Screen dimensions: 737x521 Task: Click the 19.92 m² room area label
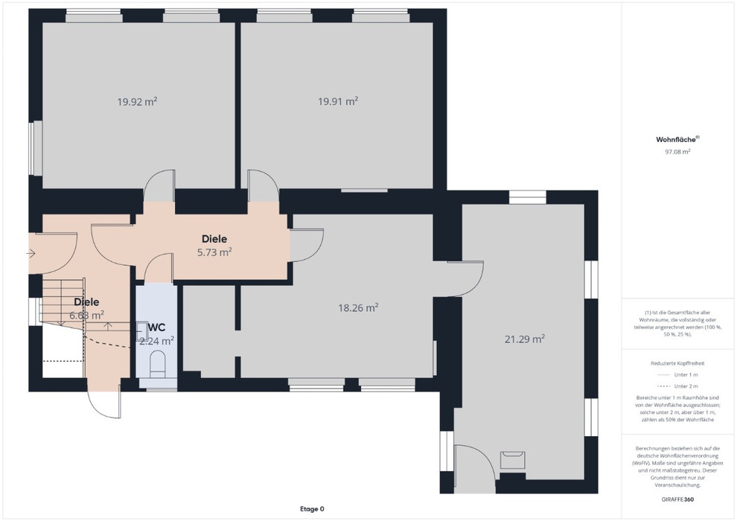pos(137,101)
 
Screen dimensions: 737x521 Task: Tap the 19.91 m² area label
pos(338,101)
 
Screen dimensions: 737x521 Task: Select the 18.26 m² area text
pos(359,307)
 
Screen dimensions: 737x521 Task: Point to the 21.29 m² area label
pos(525,339)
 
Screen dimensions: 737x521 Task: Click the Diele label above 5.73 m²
pos(214,239)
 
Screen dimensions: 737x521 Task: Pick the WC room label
pos(157,327)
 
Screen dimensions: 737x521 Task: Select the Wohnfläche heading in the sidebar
pos(676,139)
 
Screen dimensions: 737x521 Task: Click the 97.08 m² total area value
pos(677,152)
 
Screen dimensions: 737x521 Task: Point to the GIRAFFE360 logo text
pos(677,499)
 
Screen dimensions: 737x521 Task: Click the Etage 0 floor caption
pos(312,509)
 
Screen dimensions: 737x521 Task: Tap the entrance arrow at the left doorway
pos(31,254)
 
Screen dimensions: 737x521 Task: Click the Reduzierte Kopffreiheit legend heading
pos(677,363)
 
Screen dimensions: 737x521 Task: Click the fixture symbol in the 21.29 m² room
pos(512,459)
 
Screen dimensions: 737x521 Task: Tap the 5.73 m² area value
pos(214,252)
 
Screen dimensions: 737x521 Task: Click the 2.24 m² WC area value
pos(157,341)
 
